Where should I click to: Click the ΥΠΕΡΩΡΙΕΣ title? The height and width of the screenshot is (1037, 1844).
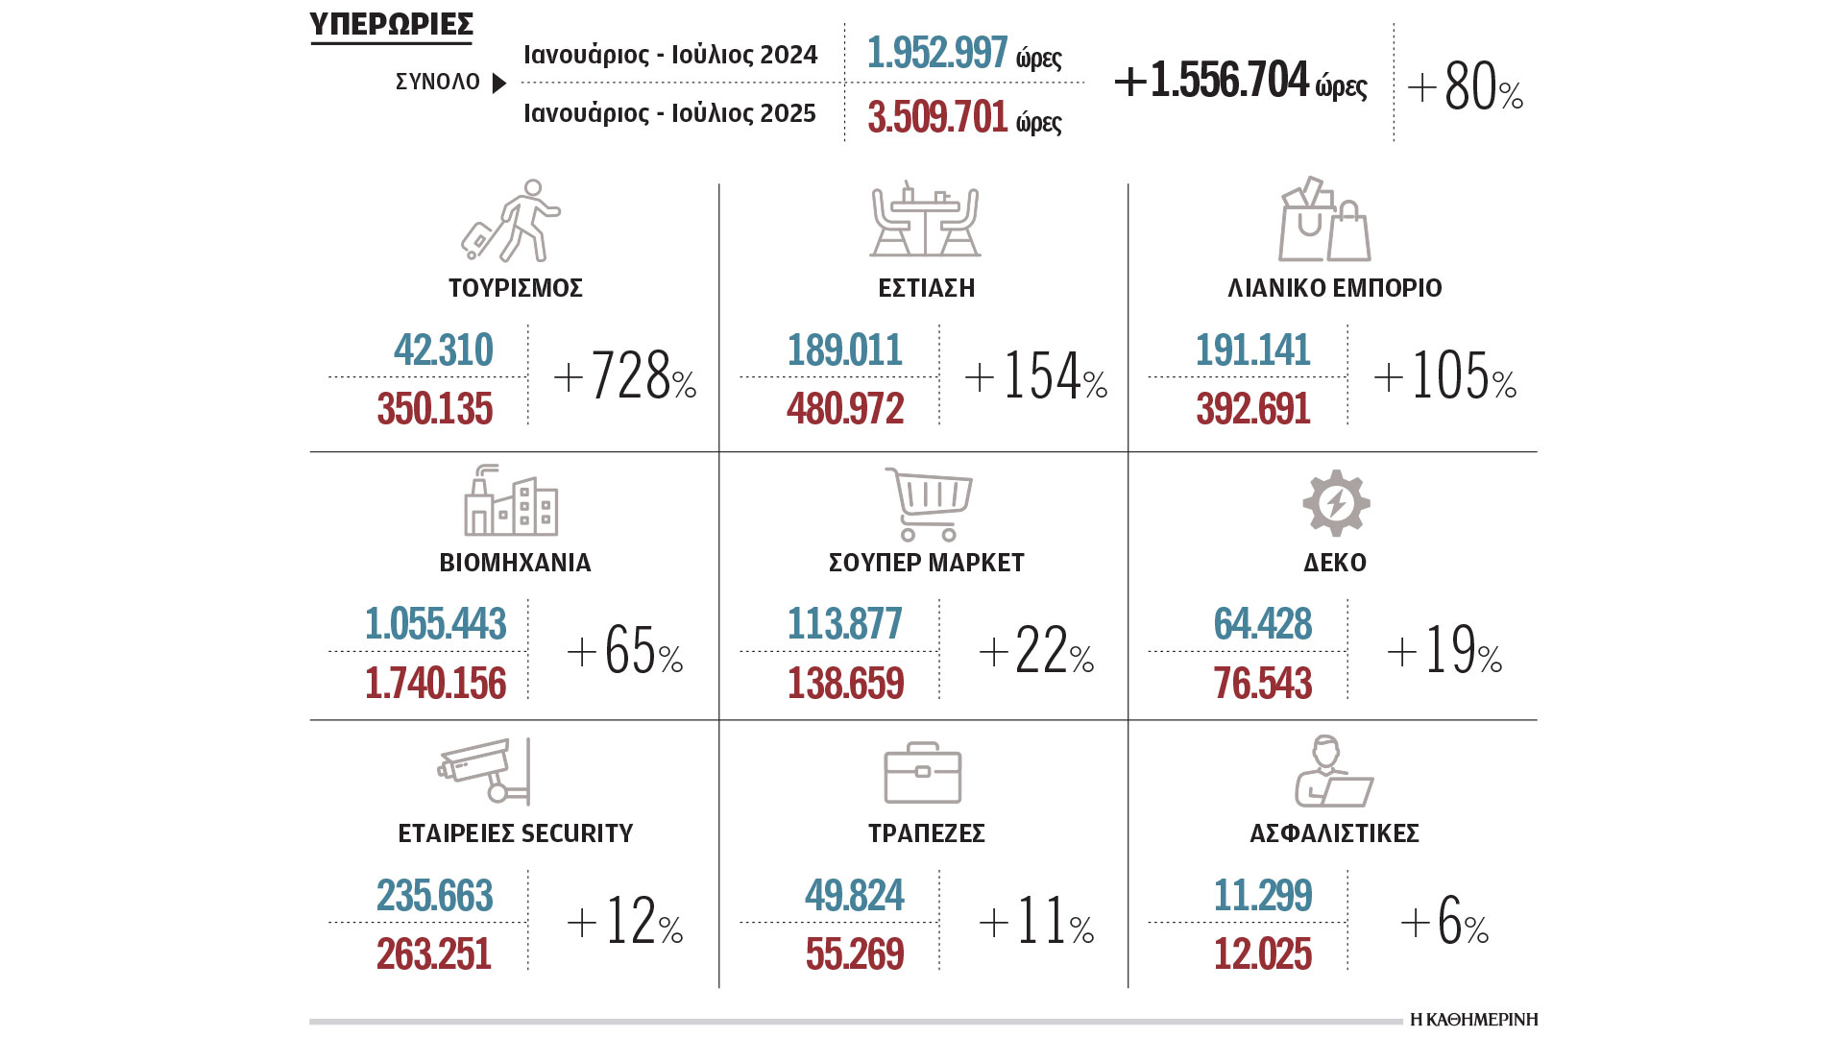[x=391, y=24]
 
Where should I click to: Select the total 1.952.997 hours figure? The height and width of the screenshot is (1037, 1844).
[x=937, y=53]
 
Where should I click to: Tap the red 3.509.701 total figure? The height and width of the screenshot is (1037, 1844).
[x=937, y=117]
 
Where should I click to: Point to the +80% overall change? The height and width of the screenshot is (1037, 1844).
[x=1466, y=87]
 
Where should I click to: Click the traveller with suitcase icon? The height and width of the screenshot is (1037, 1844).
[x=510, y=222]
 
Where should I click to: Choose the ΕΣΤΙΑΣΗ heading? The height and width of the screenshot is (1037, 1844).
[x=926, y=288]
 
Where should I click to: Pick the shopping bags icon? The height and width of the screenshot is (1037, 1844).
[x=1323, y=220]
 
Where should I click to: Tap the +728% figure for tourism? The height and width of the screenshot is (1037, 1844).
[x=625, y=375]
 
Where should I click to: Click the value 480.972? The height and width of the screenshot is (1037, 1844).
[x=845, y=409]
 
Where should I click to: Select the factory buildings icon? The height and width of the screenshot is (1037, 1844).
[x=511, y=501]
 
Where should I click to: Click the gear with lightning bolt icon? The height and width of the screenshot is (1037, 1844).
[x=1336, y=502]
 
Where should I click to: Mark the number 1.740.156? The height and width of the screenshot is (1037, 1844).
[x=435, y=684]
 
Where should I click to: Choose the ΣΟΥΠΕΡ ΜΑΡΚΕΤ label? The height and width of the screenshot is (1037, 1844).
[x=926, y=563]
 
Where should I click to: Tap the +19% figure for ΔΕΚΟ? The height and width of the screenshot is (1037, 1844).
[x=1444, y=651]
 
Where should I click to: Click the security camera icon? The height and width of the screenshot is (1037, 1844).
[x=485, y=770]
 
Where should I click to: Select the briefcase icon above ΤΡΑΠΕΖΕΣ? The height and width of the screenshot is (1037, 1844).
[x=922, y=773]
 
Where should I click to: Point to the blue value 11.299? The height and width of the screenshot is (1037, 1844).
[x=1262, y=896]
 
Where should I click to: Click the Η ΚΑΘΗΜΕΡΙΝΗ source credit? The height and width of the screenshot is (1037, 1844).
[x=1473, y=1020]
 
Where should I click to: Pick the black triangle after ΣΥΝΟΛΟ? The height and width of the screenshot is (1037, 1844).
[x=499, y=84]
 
